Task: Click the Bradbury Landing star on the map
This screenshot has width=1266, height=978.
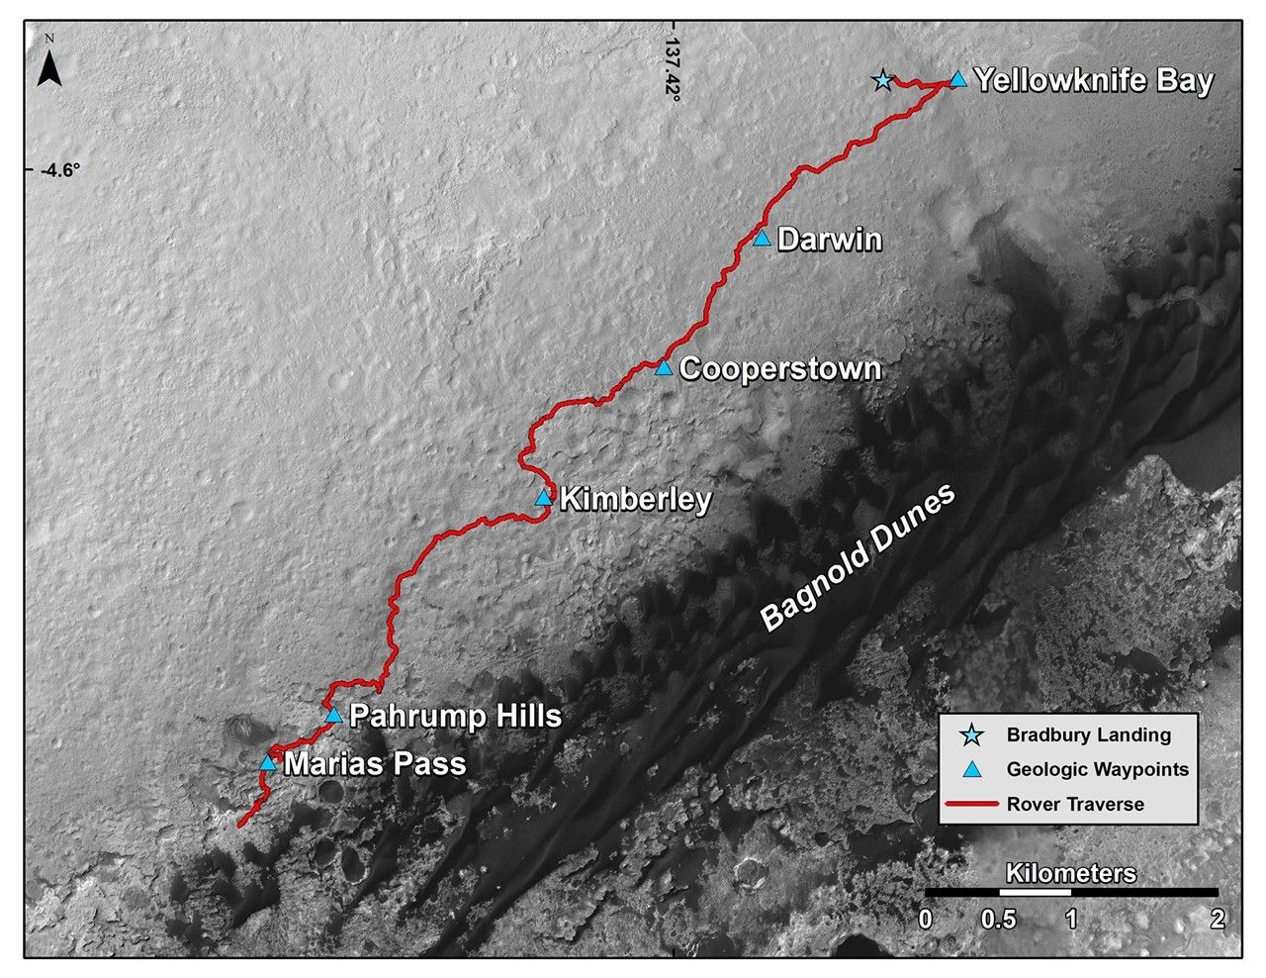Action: [883, 81]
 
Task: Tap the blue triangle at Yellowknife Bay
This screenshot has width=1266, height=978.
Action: [957, 80]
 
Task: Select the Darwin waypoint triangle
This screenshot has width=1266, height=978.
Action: [761, 239]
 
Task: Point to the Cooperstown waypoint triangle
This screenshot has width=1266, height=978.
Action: [664, 368]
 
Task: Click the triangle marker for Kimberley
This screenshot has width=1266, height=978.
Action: [543, 498]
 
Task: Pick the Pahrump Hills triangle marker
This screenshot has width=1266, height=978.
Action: [333, 715]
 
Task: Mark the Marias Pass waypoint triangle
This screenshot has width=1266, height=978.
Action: [267, 763]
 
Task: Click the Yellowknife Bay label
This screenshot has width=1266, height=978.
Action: [1093, 80]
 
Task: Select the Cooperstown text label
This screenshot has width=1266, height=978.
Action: [780, 368]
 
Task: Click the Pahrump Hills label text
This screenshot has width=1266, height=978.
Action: [456, 716]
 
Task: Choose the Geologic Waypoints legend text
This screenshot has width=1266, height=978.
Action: [1098, 769]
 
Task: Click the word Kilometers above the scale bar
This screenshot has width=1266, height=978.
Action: [1071, 873]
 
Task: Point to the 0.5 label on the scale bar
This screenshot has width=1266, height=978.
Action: [998, 919]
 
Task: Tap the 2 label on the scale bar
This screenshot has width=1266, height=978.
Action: [1218, 919]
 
